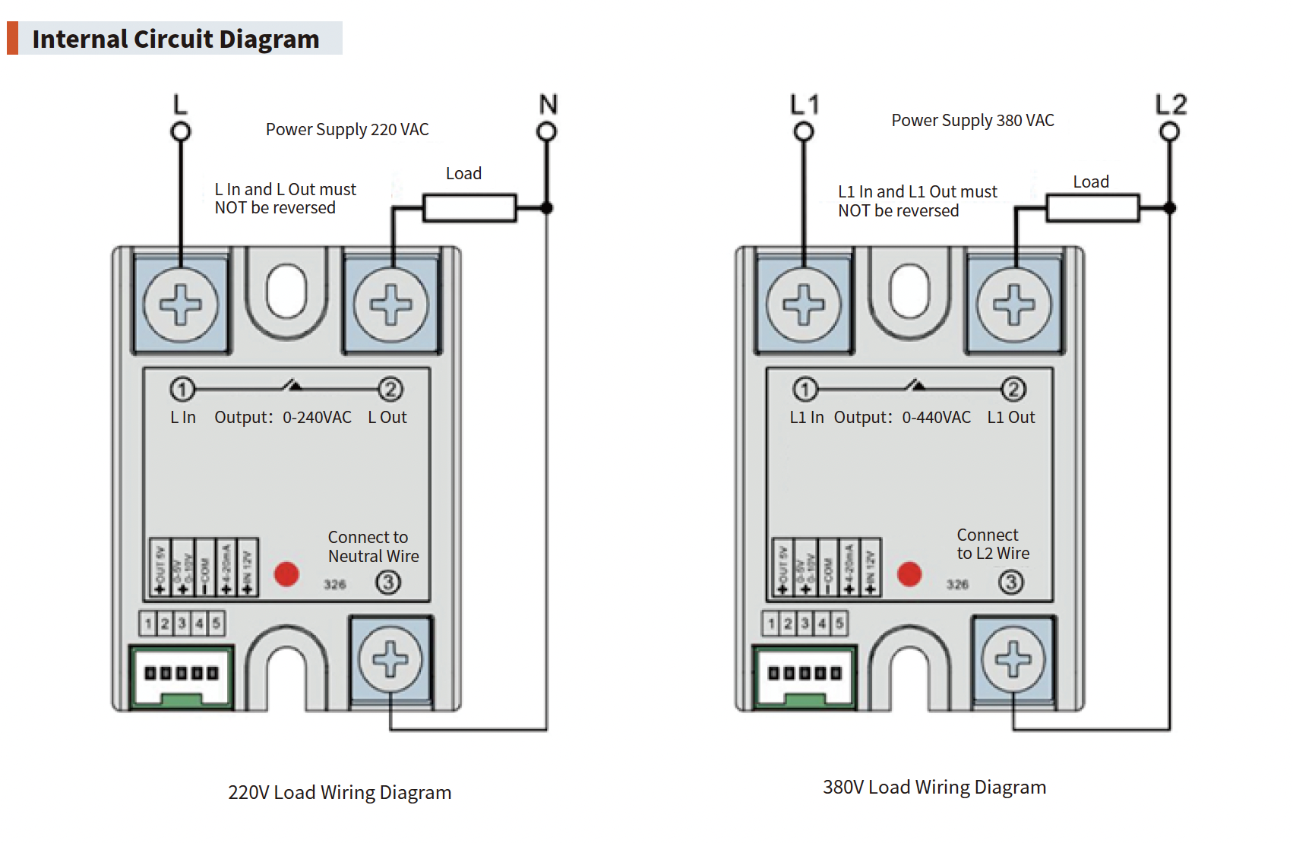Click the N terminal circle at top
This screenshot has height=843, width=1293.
pos(546,132)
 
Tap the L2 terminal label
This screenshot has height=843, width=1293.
pos(1170,104)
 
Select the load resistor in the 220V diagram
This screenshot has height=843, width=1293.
pos(469,208)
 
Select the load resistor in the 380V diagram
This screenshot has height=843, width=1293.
pos(1092,208)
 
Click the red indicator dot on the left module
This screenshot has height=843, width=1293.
pos(286,574)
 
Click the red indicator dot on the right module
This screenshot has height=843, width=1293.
pos(909,574)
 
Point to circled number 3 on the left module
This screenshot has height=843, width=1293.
pos(388,583)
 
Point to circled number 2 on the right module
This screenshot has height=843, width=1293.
pos(1013,390)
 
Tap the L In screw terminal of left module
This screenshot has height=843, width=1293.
pos(181,305)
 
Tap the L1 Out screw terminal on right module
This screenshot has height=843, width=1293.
pos(1014,305)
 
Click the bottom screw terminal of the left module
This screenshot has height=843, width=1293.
pos(390,658)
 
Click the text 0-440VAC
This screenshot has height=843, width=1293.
pos(936,418)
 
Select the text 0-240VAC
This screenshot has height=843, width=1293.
pos(317,418)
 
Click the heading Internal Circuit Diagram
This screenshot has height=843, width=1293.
pos(175,39)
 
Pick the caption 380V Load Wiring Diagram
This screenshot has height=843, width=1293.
pos(934,787)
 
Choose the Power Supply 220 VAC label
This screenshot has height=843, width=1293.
pos(347,130)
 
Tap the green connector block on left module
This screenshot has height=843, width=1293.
pos(182,677)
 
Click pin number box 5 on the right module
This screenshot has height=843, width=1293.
pos(839,624)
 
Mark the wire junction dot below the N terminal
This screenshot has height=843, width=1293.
pos(546,208)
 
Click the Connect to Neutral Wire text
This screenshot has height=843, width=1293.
pos(373,547)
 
